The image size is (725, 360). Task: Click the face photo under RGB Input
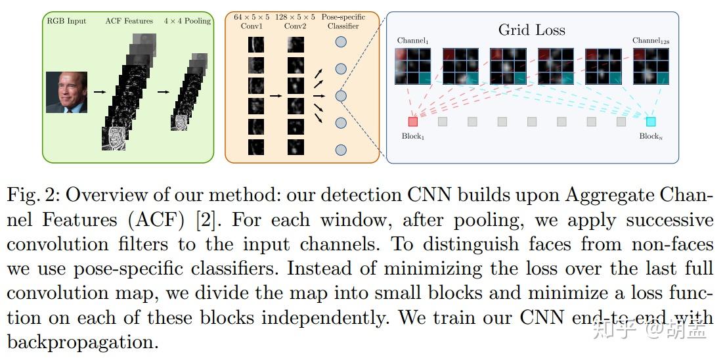click(66, 92)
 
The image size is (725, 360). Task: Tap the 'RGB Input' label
click(66, 21)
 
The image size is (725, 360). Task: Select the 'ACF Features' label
click(129, 21)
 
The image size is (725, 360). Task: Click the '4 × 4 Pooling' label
click(187, 21)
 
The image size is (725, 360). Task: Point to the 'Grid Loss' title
click(531, 30)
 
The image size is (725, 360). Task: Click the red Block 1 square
click(412, 122)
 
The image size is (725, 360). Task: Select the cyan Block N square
click(650, 122)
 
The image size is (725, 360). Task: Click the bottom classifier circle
click(341, 150)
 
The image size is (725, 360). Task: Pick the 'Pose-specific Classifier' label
click(343, 22)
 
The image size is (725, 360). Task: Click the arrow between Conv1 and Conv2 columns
click(276, 96)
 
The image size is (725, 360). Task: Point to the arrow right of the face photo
click(99, 92)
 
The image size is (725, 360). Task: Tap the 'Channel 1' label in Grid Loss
click(412, 41)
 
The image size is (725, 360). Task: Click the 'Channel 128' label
click(649, 41)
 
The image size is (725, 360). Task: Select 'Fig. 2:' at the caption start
click(33, 195)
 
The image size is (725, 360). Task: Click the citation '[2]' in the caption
click(206, 219)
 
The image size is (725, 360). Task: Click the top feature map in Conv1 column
click(256, 45)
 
